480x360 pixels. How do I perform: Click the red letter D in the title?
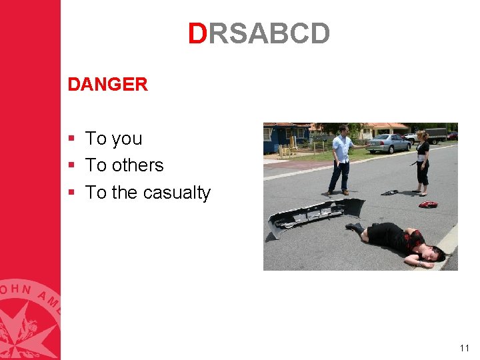pos(197,33)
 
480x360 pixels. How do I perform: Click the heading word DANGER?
pos(107,85)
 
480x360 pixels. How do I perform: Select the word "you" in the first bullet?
pos(127,139)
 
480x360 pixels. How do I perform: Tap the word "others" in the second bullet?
pos(138,165)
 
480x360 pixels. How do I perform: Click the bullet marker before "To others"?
pos(72,165)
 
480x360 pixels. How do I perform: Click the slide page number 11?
pos(465,348)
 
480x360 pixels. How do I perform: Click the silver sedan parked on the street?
pos(388,143)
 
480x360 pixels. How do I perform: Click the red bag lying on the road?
pos(427,204)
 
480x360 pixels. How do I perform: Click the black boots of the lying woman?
pos(355,228)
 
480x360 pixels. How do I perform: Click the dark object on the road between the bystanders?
pos(389,193)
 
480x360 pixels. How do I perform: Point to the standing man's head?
pos(343,130)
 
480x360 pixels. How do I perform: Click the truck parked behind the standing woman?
pos(434,135)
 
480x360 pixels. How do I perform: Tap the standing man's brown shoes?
pos(337,193)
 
